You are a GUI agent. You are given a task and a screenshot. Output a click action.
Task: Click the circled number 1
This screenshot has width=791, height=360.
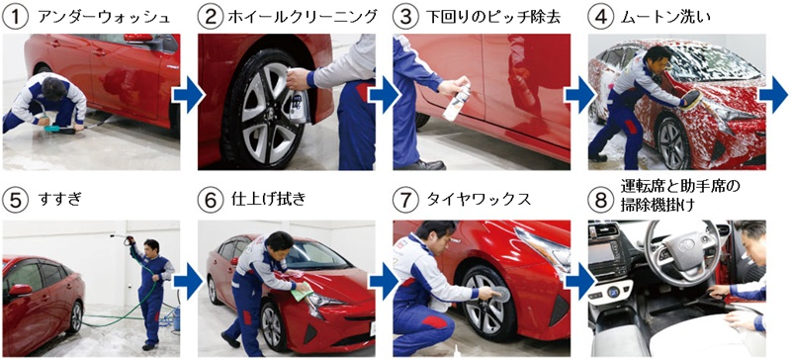[16, 19]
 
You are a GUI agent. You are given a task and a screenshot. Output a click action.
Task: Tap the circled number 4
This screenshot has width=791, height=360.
[601, 19]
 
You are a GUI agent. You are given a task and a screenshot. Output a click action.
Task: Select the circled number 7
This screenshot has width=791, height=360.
[405, 200]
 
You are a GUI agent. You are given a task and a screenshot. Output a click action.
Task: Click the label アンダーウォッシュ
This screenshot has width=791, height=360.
[104, 18]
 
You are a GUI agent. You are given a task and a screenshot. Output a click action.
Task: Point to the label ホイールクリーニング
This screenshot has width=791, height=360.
[303, 18]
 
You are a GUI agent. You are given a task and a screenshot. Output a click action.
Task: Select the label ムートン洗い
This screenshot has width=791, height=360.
[666, 18]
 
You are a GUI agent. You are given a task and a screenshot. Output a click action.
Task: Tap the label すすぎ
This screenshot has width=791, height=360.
[59, 199]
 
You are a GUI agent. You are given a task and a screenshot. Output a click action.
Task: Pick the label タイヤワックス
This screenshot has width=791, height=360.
[480, 199]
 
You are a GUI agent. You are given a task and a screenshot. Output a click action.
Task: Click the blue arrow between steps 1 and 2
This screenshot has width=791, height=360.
[188, 94]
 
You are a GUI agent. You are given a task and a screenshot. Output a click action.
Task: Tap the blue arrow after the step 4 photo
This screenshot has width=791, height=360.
[773, 94]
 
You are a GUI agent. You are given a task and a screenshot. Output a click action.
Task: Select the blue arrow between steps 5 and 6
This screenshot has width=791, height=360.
[188, 283]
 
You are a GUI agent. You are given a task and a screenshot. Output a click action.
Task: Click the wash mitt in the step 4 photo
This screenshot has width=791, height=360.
[693, 100]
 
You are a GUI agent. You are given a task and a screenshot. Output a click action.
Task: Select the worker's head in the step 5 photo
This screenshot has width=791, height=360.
[150, 246]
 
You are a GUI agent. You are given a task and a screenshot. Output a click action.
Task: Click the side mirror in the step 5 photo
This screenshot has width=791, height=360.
[20, 291]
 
